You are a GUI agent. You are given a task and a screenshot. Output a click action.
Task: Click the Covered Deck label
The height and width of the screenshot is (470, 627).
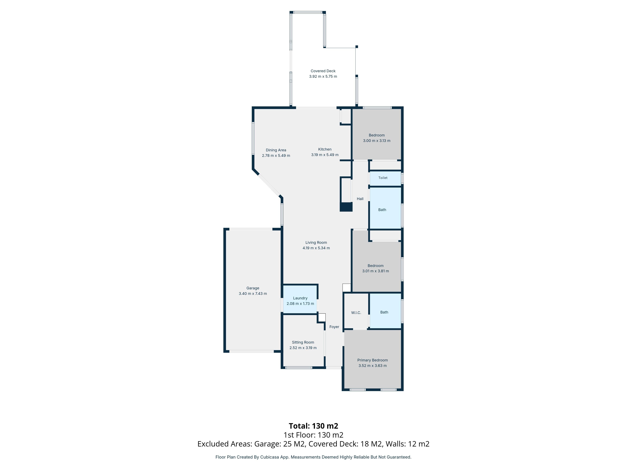pos(323,71)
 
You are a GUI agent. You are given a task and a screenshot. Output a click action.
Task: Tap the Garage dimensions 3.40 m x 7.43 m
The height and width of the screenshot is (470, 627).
pos(253,293)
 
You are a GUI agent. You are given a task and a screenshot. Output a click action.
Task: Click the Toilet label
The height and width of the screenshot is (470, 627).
pos(383,178)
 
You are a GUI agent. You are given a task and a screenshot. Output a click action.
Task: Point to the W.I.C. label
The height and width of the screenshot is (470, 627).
pos(356,313)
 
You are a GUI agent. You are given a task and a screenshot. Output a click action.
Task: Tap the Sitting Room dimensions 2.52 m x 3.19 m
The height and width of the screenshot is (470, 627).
pos(303,348)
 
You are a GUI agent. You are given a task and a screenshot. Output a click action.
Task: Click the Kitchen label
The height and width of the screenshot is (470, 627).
pos(325,149)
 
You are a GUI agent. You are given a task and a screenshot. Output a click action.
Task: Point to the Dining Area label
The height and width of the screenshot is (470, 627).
pos(276,150)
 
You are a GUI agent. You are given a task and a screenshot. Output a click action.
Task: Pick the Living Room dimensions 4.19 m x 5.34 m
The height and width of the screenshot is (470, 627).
pos(316,248)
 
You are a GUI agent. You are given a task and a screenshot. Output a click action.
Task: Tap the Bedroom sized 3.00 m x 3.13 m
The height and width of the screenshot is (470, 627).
pos(376,138)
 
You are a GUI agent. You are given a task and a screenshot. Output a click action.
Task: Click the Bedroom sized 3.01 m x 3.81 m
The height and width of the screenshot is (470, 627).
pos(375,268)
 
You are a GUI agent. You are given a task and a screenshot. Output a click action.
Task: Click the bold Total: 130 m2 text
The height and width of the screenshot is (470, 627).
pos(313,426)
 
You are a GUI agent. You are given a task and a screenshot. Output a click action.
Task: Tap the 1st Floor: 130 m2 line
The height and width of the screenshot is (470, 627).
pos(313,435)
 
